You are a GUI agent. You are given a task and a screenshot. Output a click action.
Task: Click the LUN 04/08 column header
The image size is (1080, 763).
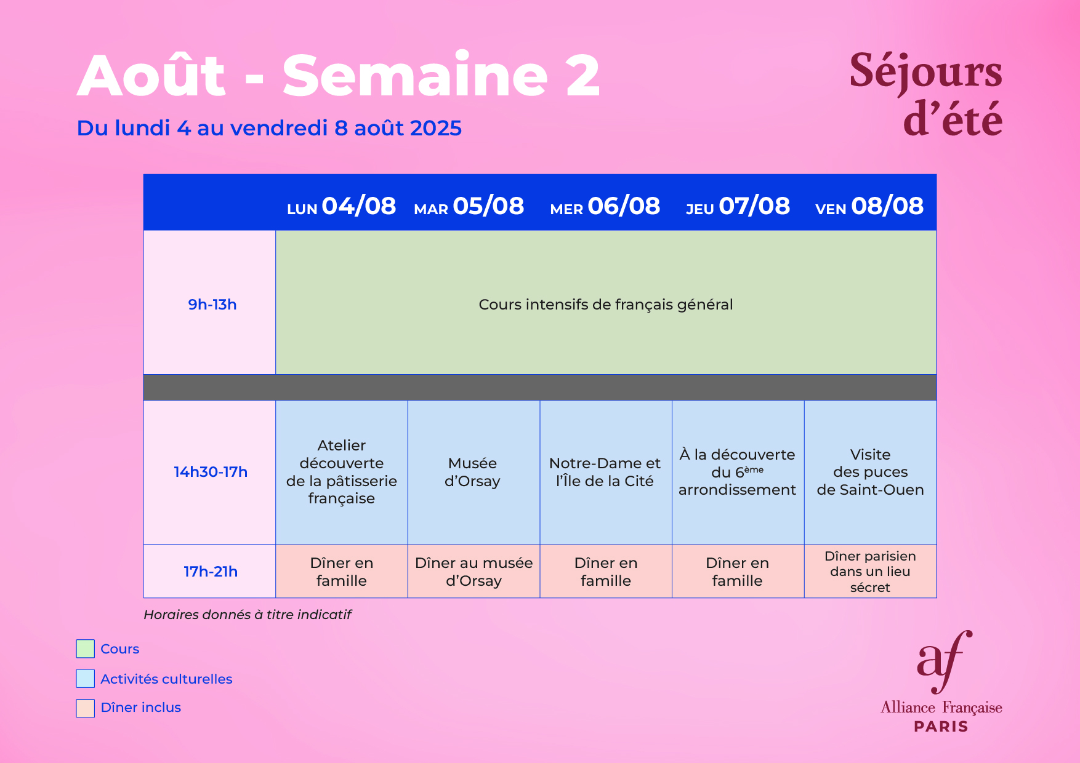(x=341, y=206)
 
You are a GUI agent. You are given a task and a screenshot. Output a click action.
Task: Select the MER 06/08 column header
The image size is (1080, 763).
(x=605, y=206)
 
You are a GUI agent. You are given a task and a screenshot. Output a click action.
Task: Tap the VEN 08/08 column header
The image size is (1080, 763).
(x=869, y=206)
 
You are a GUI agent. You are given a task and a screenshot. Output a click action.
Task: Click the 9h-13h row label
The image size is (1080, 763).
(x=212, y=305)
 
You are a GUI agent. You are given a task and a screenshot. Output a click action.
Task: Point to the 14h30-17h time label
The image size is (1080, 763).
(x=211, y=472)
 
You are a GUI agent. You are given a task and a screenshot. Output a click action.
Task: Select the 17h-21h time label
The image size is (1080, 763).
(x=211, y=572)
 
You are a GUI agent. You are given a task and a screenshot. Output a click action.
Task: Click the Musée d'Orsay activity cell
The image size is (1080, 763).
(x=474, y=472)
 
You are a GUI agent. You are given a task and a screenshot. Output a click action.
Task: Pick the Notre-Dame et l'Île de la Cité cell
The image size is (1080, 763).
(x=606, y=472)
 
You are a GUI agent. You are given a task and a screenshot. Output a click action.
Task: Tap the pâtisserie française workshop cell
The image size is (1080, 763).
(x=342, y=472)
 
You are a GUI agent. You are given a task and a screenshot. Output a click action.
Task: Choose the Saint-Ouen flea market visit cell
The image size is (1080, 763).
(x=870, y=472)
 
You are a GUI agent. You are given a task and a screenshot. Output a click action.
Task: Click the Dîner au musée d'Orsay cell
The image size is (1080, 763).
(x=474, y=571)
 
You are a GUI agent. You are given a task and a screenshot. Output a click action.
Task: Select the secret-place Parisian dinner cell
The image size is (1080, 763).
(x=870, y=571)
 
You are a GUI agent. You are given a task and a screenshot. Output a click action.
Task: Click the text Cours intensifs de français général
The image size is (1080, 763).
(x=606, y=305)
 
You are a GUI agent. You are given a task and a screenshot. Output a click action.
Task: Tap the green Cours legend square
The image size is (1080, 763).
(x=86, y=649)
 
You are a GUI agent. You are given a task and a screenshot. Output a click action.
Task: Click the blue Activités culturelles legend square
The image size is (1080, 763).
(x=86, y=678)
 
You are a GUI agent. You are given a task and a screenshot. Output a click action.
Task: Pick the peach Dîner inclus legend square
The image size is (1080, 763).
(x=86, y=708)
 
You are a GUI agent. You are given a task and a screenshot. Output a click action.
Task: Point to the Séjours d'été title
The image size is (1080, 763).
(x=926, y=94)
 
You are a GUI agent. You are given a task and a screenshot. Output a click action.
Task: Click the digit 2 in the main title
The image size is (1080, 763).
(x=582, y=76)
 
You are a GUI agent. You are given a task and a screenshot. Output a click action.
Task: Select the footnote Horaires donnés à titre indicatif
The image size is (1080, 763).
(x=248, y=615)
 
